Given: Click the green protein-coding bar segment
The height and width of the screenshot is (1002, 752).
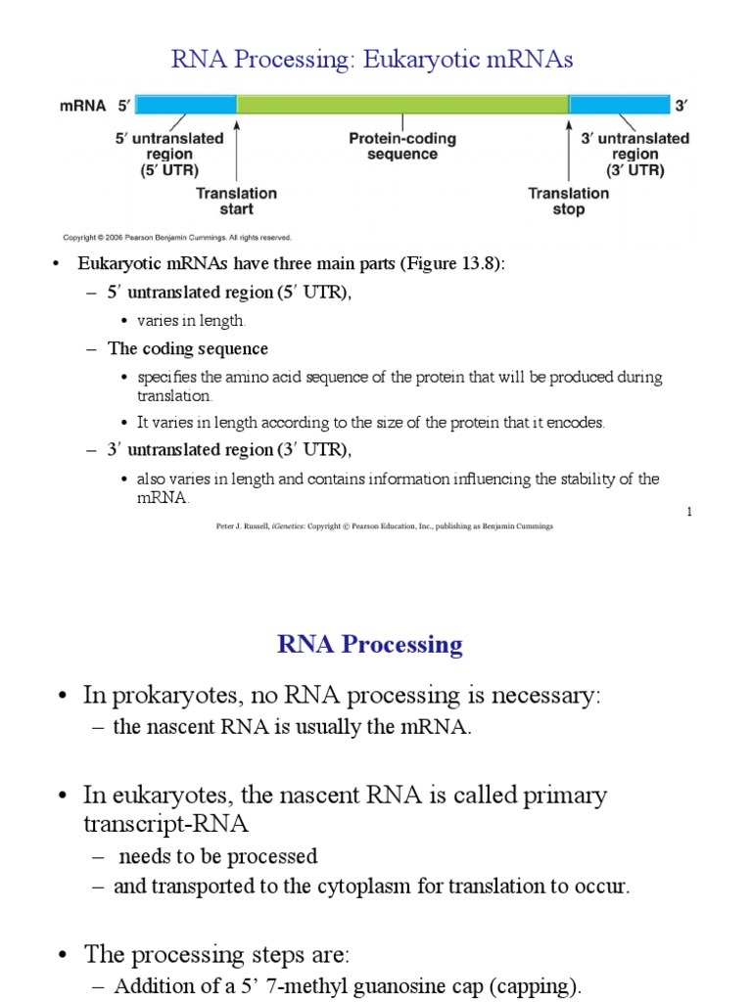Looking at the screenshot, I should tap(402, 105).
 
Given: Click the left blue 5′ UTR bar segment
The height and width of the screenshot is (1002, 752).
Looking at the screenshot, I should tap(185, 105).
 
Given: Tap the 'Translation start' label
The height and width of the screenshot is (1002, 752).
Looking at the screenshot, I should tap(237, 201).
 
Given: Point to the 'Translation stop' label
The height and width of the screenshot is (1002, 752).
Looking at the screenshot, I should tap(569, 201).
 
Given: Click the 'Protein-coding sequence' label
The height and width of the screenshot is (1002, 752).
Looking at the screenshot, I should tap(402, 147).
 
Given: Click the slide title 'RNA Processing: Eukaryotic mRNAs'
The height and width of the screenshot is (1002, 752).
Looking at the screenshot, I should tap(372, 60).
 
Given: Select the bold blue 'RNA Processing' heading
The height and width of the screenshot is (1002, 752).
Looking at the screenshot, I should tap(370, 644).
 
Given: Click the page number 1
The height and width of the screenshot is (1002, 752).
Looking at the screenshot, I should tap(689, 512).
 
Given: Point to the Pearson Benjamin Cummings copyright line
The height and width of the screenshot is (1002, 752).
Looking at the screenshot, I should tap(177, 237).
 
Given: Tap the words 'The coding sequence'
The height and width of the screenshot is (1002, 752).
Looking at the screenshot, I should tap(188, 349).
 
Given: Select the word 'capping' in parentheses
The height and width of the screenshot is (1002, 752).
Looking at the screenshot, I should tap(541, 986).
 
